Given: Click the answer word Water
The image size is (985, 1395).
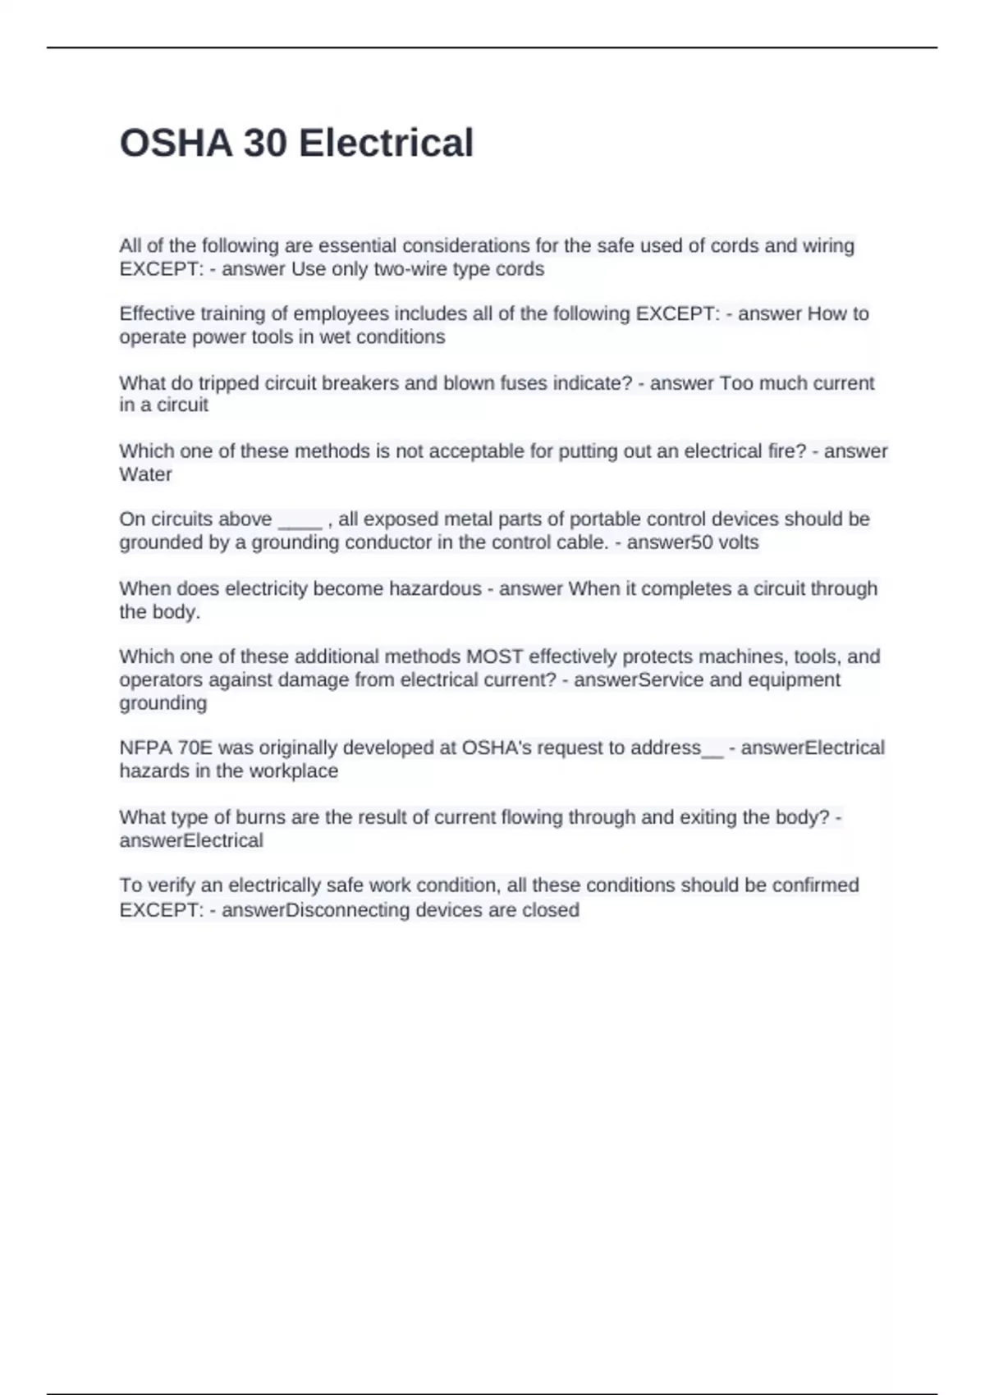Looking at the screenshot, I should pyautogui.click(x=145, y=474).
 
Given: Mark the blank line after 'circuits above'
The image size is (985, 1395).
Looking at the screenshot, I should pyautogui.click(x=300, y=519).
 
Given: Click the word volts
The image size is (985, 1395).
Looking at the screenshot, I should pyautogui.click(x=738, y=542).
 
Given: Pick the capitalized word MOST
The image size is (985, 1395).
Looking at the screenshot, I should pyautogui.click(x=494, y=656).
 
